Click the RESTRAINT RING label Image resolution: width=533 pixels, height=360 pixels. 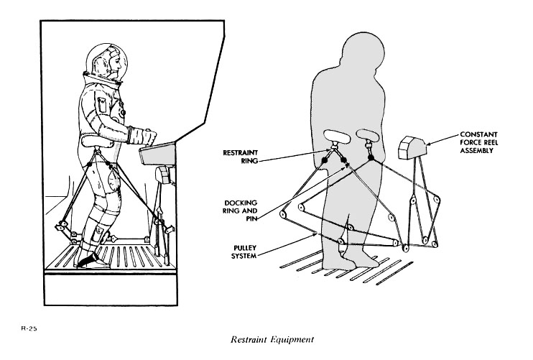pyautogui.click(x=241, y=157)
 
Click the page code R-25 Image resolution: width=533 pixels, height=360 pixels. pyautogui.click(x=28, y=328)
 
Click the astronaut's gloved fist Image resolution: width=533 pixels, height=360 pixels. pyautogui.click(x=149, y=136)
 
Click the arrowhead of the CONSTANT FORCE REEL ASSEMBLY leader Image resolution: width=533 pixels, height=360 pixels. pyautogui.click(x=428, y=144)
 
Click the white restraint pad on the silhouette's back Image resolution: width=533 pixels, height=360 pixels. pyautogui.click(x=335, y=136)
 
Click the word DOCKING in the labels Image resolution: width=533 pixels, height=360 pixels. pyautogui.click(x=241, y=202)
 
